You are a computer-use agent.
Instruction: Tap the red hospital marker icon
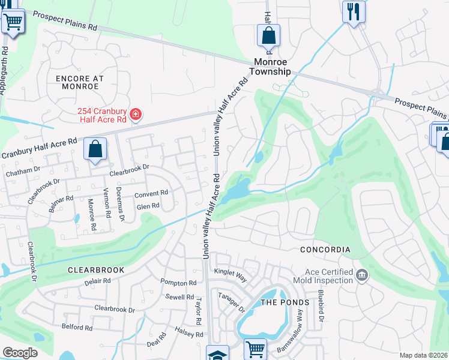(x=136, y=114)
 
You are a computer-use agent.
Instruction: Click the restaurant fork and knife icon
(x=353, y=11)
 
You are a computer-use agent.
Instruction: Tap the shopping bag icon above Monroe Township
(x=268, y=35)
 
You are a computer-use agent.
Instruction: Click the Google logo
(x=20, y=352)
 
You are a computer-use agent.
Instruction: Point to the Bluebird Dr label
(x=321, y=307)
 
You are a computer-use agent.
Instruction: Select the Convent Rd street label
(x=151, y=193)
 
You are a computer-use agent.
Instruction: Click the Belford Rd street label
(x=77, y=328)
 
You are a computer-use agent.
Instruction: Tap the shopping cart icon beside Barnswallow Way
(x=256, y=349)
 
